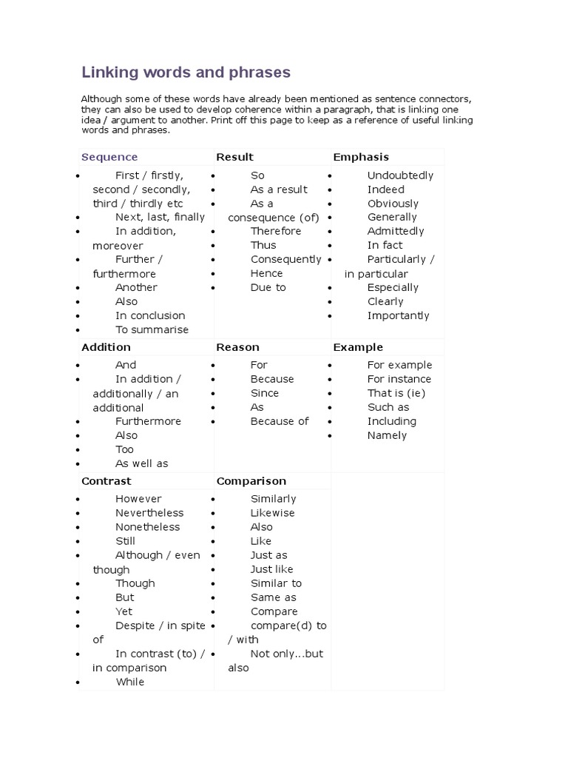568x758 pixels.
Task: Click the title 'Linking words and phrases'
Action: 186,73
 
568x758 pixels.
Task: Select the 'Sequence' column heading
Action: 109,157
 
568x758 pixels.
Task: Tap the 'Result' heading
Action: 234,157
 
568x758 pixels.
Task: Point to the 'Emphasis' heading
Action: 361,157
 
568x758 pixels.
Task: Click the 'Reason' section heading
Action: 237,347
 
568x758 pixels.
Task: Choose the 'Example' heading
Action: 358,347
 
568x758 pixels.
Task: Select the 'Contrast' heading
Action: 106,481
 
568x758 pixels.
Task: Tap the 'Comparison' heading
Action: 251,481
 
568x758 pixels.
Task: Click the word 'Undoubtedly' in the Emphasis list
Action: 400,175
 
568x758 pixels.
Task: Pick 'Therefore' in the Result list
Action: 276,231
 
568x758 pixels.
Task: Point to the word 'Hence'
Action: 266,273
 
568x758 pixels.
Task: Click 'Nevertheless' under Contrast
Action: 149,513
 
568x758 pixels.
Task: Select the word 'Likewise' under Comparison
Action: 272,513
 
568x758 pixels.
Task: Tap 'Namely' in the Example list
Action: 387,435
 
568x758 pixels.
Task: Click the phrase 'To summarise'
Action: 152,329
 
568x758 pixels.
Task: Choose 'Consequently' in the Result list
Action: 285,259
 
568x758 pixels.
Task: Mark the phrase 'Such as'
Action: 388,407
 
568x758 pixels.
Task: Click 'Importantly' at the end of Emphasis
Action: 398,315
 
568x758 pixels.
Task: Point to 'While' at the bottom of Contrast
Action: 129,682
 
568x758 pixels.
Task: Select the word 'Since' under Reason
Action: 265,393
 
